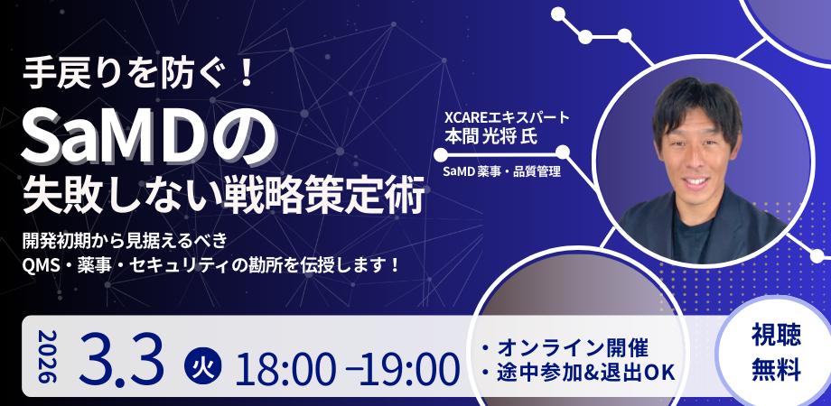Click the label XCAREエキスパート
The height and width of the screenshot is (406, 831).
pyautogui.click(x=501, y=117)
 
